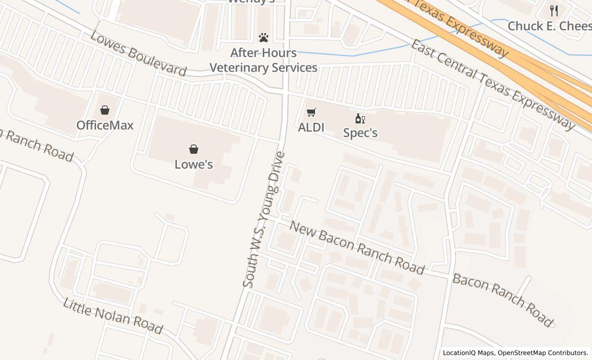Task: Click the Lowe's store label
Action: coord(194,165)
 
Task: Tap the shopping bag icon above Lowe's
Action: coord(194,149)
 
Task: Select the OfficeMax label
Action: coord(105,125)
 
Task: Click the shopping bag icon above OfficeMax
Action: coord(105,110)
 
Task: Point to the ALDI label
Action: coord(311,127)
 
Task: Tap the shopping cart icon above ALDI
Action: coord(311,113)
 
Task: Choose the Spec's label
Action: coord(360,133)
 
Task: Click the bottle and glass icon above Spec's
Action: coord(360,119)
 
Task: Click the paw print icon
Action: coord(264,38)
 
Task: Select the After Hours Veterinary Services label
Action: coord(264,60)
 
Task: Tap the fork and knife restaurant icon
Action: coord(554,11)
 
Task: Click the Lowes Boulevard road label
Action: coord(138,53)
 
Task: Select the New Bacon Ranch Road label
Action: coord(357,247)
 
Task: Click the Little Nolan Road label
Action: coord(113,315)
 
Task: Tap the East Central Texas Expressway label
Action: coord(492,84)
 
